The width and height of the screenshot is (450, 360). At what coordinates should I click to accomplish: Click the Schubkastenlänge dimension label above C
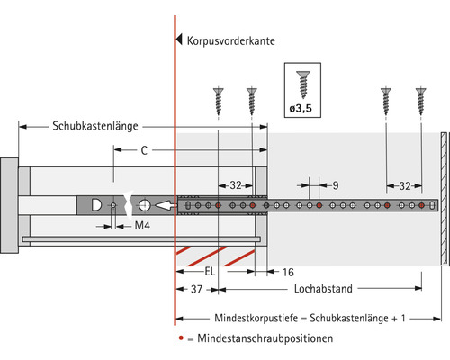click(95, 126)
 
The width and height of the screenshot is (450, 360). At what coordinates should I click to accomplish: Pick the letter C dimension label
click(144, 152)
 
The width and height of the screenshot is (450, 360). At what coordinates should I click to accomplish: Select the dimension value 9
click(334, 186)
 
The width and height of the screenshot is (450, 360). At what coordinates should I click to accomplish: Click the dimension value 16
click(288, 271)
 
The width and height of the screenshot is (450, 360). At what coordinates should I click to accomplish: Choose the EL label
click(210, 271)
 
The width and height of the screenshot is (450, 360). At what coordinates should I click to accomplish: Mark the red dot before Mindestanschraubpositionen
click(180, 338)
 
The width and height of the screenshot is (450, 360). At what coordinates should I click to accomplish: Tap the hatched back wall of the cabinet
click(445, 198)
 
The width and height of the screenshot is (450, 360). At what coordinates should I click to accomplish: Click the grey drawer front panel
click(8, 205)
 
